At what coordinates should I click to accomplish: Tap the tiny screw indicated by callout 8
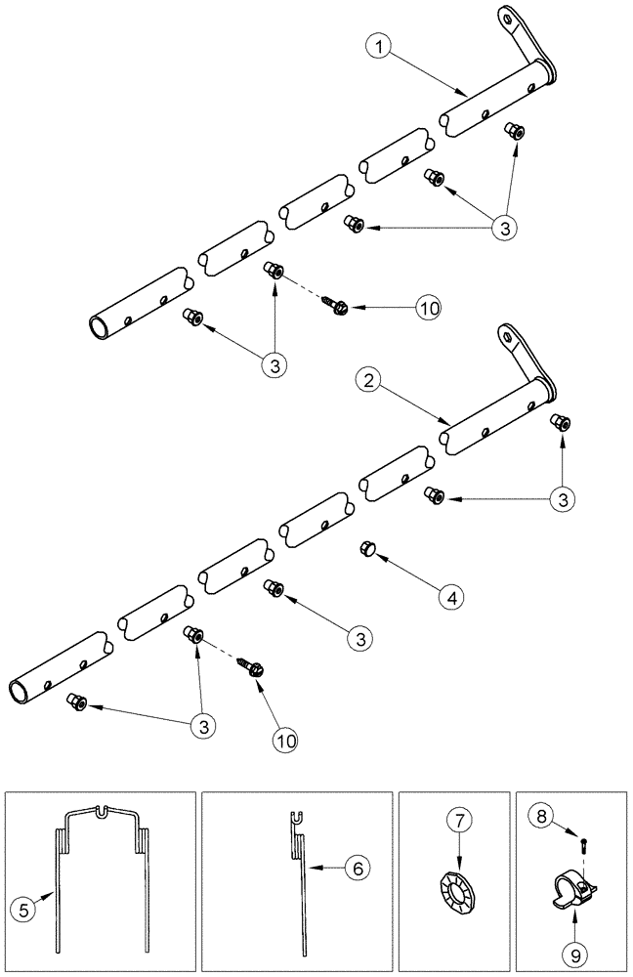582,838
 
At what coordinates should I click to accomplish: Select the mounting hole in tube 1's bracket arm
507,17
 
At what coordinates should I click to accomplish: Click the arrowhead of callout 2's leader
445,423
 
